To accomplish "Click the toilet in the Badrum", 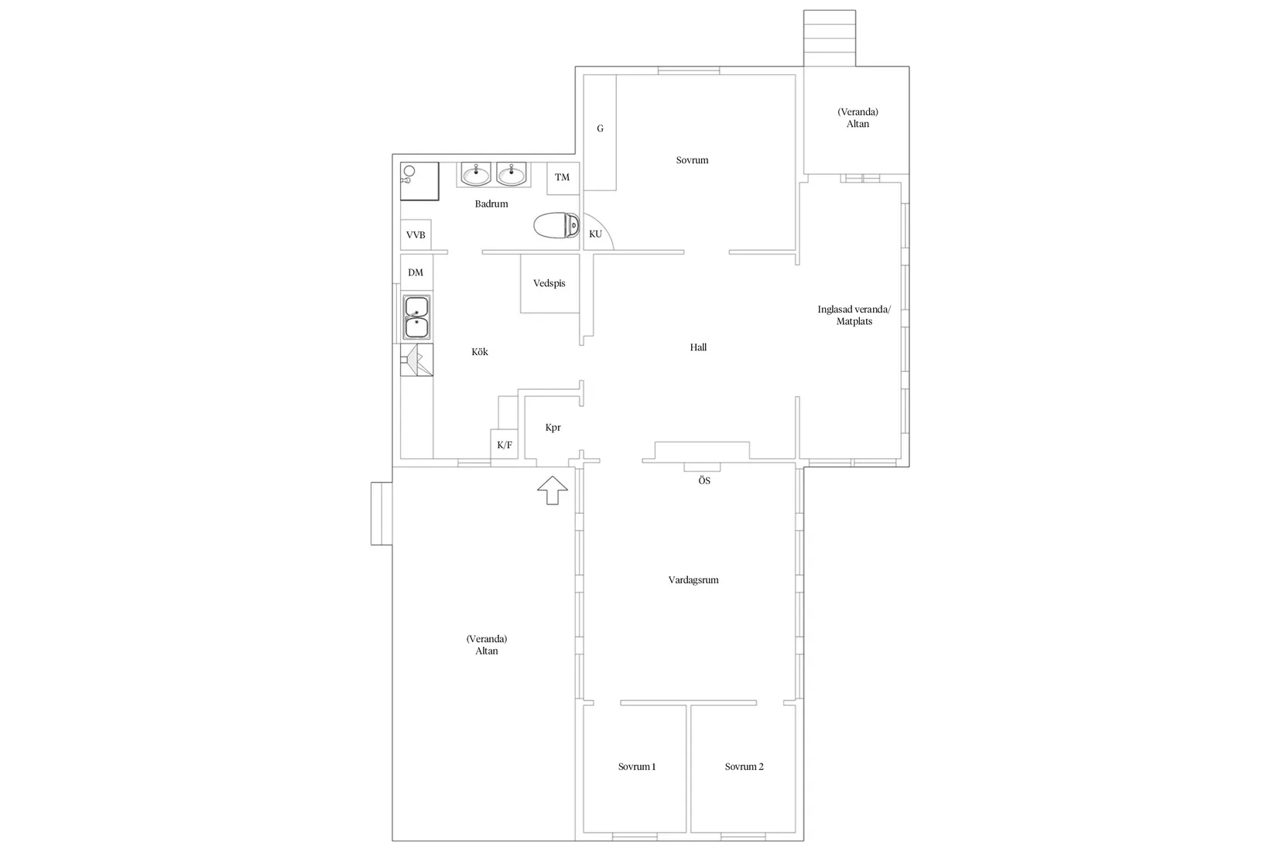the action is (556, 226).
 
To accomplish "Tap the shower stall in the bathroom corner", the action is (419, 181).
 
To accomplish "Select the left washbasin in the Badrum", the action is (475, 174).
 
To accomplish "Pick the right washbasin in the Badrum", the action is (512, 174).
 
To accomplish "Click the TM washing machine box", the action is (563, 178).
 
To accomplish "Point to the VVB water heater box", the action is (416, 235).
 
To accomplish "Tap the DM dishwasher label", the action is (416, 272).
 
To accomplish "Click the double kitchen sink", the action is (416, 317).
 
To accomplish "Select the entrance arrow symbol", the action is (553, 490).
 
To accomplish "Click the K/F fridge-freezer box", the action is (505, 444).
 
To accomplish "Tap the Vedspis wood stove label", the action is (549, 283).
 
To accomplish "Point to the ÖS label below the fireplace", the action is (704, 480).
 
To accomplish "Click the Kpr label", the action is (553, 428).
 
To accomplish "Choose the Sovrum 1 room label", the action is (637, 767).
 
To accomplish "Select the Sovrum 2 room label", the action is (744, 767).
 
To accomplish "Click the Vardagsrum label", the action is (693, 580).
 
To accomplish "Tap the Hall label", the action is (698, 347).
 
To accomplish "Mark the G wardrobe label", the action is (601, 129).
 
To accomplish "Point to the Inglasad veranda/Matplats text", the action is (854, 315).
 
